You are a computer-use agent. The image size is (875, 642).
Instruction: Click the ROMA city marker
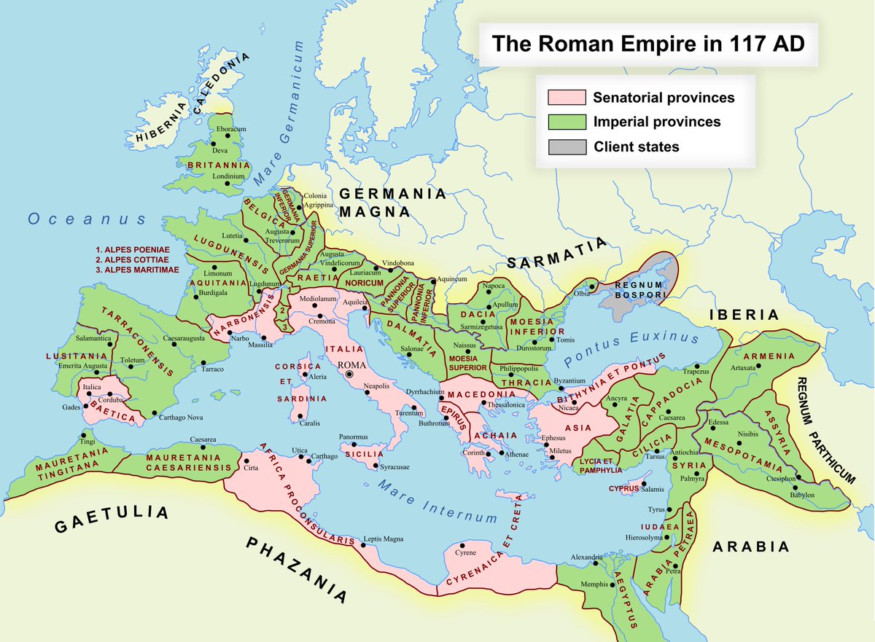[349, 374]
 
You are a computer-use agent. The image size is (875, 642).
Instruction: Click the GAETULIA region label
[112, 519]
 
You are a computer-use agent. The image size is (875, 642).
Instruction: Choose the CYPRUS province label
[623, 488]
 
